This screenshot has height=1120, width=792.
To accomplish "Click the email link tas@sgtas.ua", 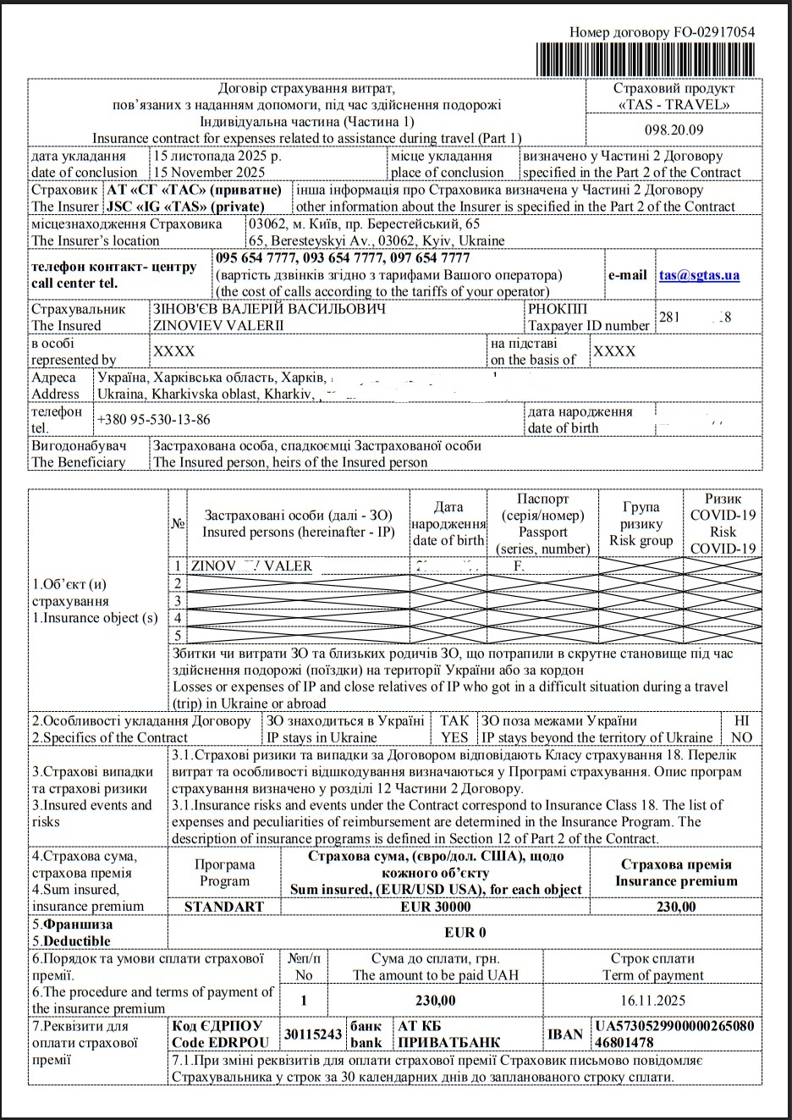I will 699,275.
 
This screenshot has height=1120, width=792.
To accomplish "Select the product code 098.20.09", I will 674,130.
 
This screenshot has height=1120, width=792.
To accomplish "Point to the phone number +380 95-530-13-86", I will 154,420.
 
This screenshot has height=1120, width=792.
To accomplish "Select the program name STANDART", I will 224,907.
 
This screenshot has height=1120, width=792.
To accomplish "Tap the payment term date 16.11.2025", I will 652,1000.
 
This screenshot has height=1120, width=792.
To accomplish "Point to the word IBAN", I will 564,1034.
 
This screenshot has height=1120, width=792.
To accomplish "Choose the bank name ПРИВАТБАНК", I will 448,1042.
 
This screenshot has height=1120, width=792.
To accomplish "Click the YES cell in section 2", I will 454,737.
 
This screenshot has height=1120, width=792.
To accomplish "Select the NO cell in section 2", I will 741,737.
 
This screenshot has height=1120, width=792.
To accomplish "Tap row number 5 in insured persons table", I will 178,635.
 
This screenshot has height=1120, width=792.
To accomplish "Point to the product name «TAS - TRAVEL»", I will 674,105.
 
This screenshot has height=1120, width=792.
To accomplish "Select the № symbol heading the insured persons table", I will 178,523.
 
